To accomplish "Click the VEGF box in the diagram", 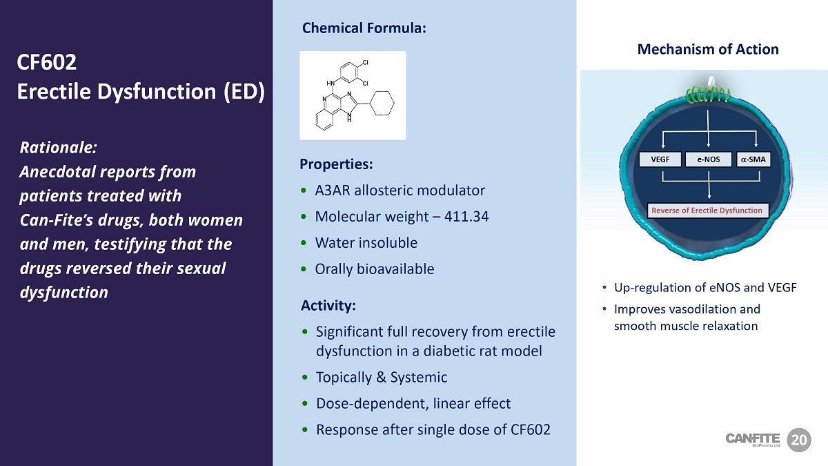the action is pyautogui.click(x=660, y=159).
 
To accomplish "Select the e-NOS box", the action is pyautogui.click(x=708, y=159).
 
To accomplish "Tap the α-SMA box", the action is pyautogui.click(x=753, y=159).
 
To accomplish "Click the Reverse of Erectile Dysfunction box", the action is pyautogui.click(x=707, y=211).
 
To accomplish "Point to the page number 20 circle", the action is pyautogui.click(x=799, y=440).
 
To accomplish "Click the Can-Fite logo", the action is pyautogui.click(x=753, y=440).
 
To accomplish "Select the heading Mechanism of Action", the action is pyautogui.click(x=708, y=49).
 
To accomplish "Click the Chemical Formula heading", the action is pyautogui.click(x=364, y=28).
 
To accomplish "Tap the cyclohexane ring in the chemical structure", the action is pyautogui.click(x=382, y=103).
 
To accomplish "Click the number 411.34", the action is pyautogui.click(x=466, y=216).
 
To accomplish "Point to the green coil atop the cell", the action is pyautogui.click(x=708, y=95).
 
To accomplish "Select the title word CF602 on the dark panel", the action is pyautogui.click(x=47, y=61).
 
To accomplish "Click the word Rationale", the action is pyautogui.click(x=59, y=148).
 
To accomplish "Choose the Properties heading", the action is pyautogui.click(x=336, y=164).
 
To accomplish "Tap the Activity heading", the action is pyautogui.click(x=328, y=305).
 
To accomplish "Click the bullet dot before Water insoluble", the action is pyautogui.click(x=304, y=243).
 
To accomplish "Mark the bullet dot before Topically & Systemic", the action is pyautogui.click(x=305, y=377).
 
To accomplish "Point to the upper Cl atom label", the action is pyautogui.click(x=365, y=63).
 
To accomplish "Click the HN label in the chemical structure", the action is pyautogui.click(x=331, y=84).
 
